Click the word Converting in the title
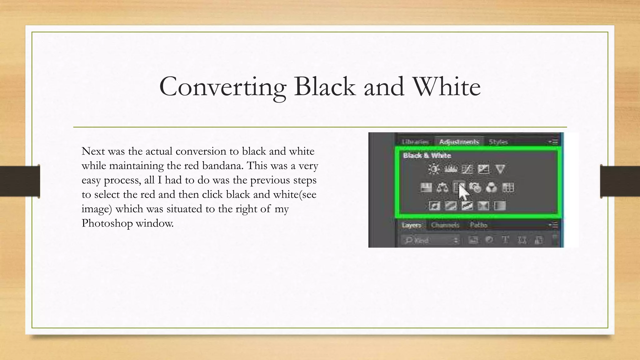(x=222, y=87)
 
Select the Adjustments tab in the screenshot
(x=459, y=142)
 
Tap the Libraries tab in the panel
(x=415, y=142)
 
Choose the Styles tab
(x=498, y=142)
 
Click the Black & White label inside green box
(x=427, y=156)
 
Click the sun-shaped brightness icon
(x=434, y=169)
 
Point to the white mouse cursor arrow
(x=463, y=192)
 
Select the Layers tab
(x=412, y=225)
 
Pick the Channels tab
(x=445, y=225)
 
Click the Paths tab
(x=478, y=225)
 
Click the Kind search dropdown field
(x=431, y=240)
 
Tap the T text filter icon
(x=505, y=240)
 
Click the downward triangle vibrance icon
(x=500, y=169)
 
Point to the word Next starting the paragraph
(x=93, y=151)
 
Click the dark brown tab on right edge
(x=620, y=181)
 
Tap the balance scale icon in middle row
(x=442, y=188)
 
